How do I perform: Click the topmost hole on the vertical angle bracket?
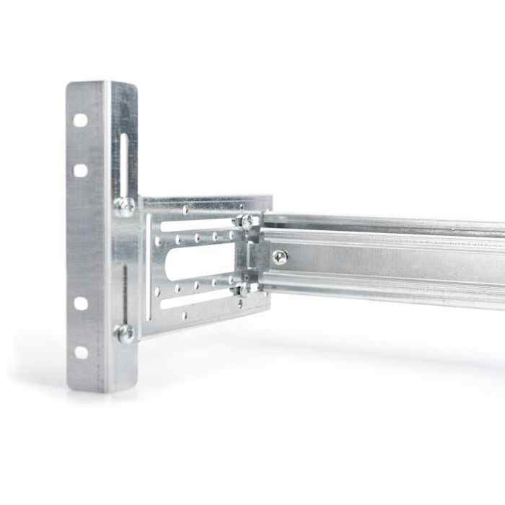81,118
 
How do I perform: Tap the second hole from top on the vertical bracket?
81,170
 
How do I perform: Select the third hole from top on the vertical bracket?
81,300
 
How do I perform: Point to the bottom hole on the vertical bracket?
81,352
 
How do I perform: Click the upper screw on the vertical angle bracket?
123,207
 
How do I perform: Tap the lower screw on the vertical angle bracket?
124,333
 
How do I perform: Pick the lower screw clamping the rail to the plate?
245,290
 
